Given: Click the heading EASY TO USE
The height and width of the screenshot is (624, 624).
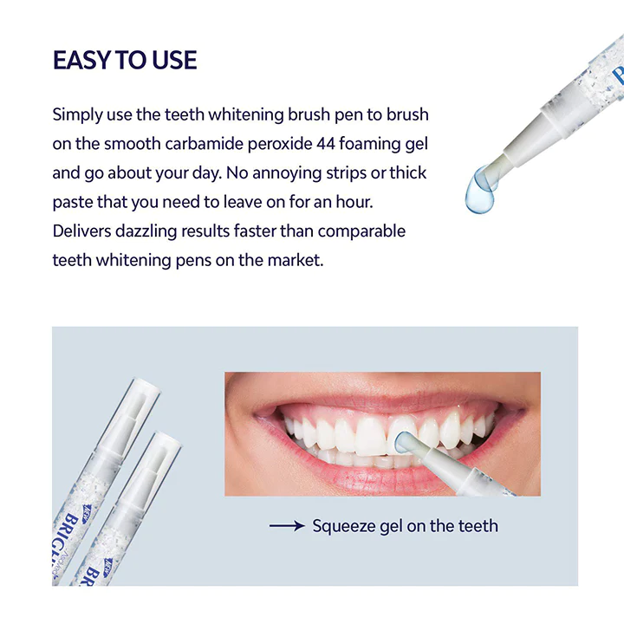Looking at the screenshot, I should (x=125, y=60).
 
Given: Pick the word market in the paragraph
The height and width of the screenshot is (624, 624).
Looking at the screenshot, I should (x=294, y=260).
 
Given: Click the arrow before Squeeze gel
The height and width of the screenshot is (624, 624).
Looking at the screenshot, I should (x=287, y=525).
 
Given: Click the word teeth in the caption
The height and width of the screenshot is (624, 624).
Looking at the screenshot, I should (x=476, y=526).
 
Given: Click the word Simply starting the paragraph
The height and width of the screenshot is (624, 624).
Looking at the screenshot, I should (x=77, y=114).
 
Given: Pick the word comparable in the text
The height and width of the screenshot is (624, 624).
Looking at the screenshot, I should (x=362, y=231).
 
